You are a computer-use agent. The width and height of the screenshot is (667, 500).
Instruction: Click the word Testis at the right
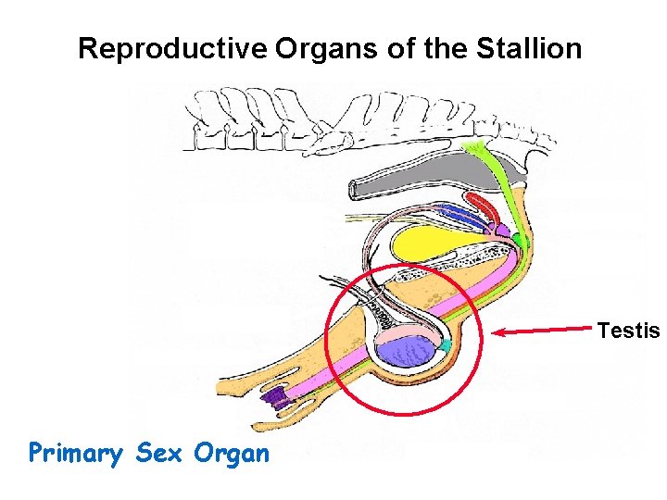point(628,330)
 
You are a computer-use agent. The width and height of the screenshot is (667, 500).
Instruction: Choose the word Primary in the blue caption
point(77,453)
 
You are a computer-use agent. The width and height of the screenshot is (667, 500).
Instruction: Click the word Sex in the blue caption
point(159,453)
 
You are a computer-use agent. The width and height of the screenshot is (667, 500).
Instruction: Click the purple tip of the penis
point(274,399)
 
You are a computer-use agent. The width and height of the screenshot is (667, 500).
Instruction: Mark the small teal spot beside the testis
point(446,345)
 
